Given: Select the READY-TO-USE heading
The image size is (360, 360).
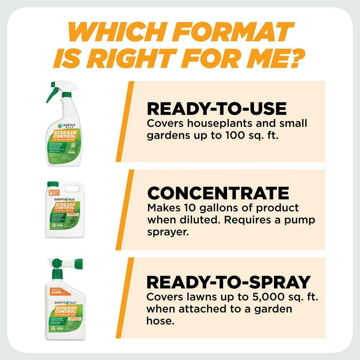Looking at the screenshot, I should point(217,108).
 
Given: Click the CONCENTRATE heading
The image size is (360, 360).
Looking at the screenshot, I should point(218,193).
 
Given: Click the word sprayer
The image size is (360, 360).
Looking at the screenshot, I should point(168,232).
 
